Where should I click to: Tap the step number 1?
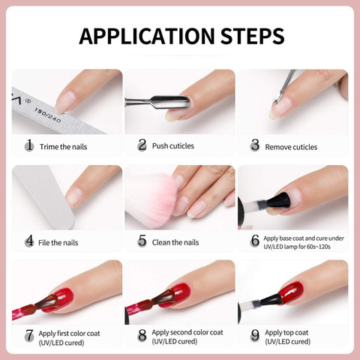[29, 145]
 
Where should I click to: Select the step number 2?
[142, 145]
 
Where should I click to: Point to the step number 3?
[254, 145]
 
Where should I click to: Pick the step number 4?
[29, 241]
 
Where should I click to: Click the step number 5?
[142, 241]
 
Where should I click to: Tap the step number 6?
[254, 241]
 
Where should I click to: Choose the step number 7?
[29, 336]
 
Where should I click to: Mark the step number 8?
[142, 336]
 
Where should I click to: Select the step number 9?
[254, 336]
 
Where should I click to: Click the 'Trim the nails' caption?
[63, 146]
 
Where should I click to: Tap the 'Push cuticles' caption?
[172, 145]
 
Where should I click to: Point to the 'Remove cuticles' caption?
[291, 146]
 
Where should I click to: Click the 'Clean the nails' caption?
[175, 242]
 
